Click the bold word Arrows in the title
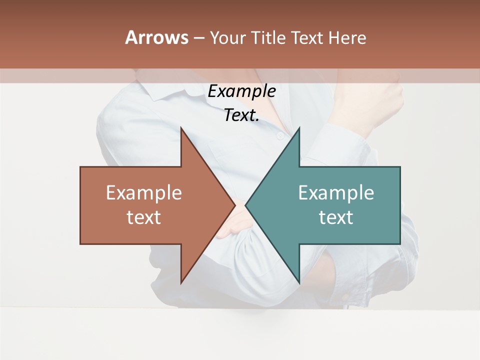pyautogui.click(x=156, y=37)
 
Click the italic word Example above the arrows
pyautogui.click(x=241, y=91)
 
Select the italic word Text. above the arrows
pyautogui.click(x=241, y=115)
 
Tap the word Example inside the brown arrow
pyautogui.click(x=144, y=193)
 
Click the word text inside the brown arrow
pyautogui.click(x=144, y=217)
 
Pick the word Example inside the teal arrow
pyautogui.click(x=336, y=193)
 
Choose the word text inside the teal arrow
pyautogui.click(x=336, y=217)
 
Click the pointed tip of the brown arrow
pyautogui.click(x=235, y=205)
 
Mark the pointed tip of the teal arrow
pyautogui.click(x=246, y=205)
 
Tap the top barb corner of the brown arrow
pyautogui.click(x=181, y=128)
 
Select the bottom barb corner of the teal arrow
pyautogui.click(x=299, y=283)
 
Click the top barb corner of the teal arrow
pyautogui.click(x=299, y=128)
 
